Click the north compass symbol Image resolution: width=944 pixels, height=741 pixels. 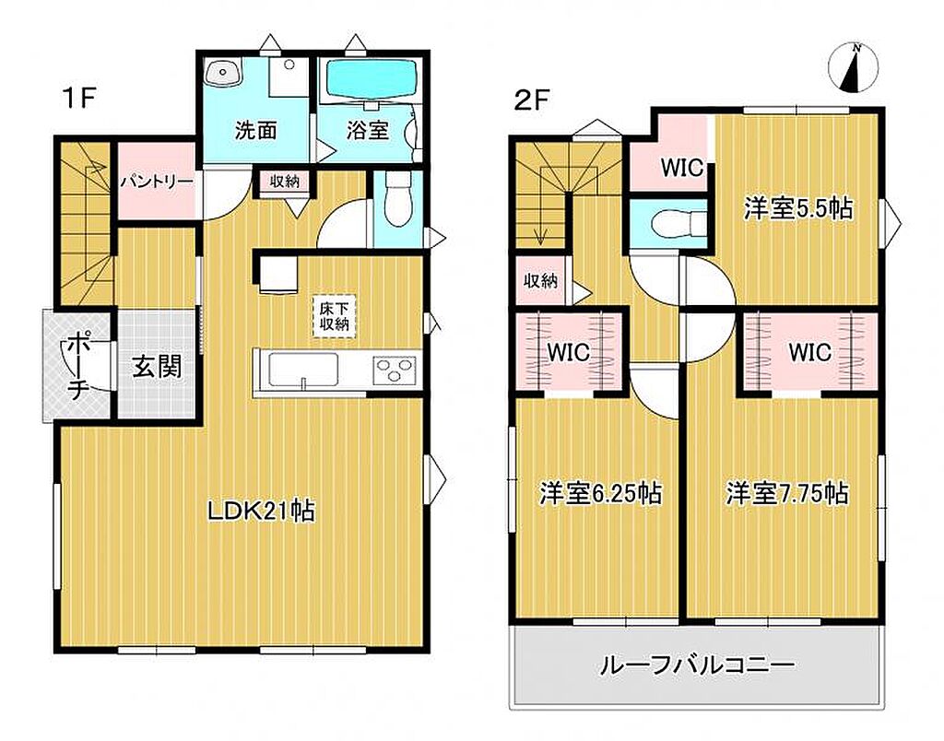(854, 68)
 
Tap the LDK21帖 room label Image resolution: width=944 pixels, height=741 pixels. (261, 512)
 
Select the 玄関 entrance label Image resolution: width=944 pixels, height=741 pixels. (157, 366)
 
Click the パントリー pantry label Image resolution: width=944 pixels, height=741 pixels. (157, 182)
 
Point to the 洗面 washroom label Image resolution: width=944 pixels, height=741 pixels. (256, 131)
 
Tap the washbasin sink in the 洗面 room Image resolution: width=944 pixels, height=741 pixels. (223, 74)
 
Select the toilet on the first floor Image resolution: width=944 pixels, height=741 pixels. (396, 199)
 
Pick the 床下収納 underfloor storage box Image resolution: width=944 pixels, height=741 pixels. (334, 316)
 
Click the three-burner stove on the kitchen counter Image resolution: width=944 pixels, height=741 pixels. (395, 369)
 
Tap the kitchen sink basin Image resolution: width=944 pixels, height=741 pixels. (302, 369)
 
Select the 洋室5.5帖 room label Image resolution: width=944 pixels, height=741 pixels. (798, 209)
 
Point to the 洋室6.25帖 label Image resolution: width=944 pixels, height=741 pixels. (600, 493)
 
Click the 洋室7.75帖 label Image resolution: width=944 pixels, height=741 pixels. (787, 493)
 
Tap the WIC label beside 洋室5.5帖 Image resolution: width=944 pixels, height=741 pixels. (682, 168)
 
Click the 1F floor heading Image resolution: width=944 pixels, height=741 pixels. (79, 98)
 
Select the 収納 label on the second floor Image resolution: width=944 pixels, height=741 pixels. (540, 280)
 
